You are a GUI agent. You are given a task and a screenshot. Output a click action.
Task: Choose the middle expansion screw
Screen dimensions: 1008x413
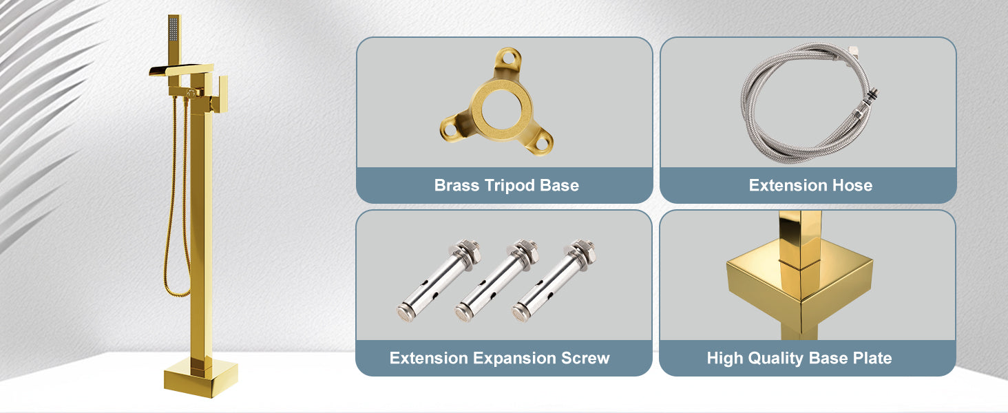(x=496, y=282)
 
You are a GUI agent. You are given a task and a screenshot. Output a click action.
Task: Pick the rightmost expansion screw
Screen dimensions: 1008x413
(x=554, y=282)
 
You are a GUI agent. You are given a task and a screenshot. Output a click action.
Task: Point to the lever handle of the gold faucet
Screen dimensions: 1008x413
(x=222, y=94)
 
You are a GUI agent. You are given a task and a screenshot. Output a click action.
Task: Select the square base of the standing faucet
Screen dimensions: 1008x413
(x=200, y=378)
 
